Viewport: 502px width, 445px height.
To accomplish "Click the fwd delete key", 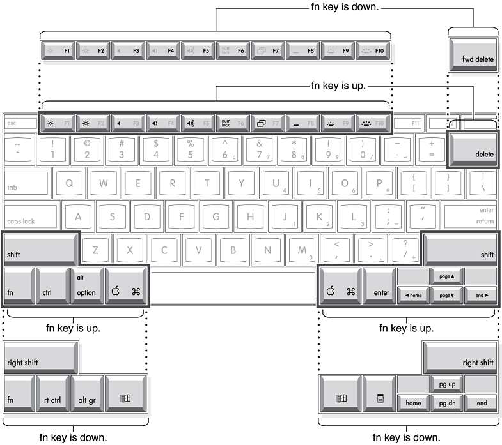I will [474, 54].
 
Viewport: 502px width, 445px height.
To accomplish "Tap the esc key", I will [20, 123].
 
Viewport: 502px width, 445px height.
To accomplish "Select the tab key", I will [26, 183].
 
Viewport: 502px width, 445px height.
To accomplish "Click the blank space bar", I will [233, 283].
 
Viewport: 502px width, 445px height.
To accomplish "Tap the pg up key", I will [446, 384].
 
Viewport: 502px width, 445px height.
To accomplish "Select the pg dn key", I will [446, 403].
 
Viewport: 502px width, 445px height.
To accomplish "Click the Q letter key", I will [69, 183].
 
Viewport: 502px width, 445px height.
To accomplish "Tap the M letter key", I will [302, 250].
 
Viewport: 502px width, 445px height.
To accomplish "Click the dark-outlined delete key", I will [474, 149].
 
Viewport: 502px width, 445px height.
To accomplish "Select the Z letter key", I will [95, 250].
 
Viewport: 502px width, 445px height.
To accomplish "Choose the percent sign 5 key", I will [190, 149].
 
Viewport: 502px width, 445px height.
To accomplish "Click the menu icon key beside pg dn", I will [379, 393].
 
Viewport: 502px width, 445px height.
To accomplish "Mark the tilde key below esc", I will [18, 149].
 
